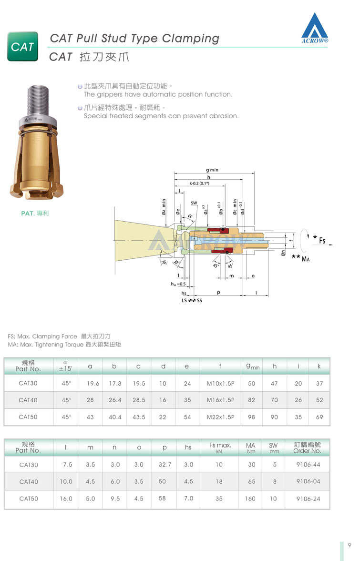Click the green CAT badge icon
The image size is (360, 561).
(22, 47)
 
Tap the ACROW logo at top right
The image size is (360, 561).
(315, 28)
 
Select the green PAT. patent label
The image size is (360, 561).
(35, 213)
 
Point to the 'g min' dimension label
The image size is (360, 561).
(212, 170)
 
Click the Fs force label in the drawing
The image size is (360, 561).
(322, 240)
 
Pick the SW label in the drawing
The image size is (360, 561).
(194, 203)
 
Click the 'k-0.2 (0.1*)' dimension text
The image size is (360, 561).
(199, 183)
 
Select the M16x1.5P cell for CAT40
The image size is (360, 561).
(220, 400)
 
